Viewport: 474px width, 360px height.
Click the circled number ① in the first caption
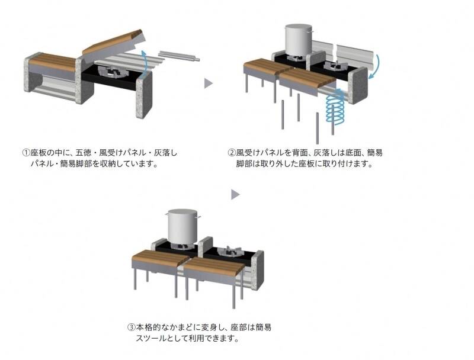click(26, 153)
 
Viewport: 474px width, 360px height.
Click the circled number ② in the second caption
click(232, 153)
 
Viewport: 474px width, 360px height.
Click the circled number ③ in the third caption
click(131, 327)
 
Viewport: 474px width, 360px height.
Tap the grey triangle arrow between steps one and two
click(209, 83)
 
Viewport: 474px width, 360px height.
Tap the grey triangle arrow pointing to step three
click(235, 194)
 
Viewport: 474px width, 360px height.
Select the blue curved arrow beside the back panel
click(376, 67)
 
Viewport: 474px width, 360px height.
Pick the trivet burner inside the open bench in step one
click(114, 72)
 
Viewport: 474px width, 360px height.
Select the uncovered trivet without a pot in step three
click(230, 251)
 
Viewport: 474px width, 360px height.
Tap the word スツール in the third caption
click(151, 338)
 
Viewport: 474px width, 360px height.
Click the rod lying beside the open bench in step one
click(179, 55)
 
